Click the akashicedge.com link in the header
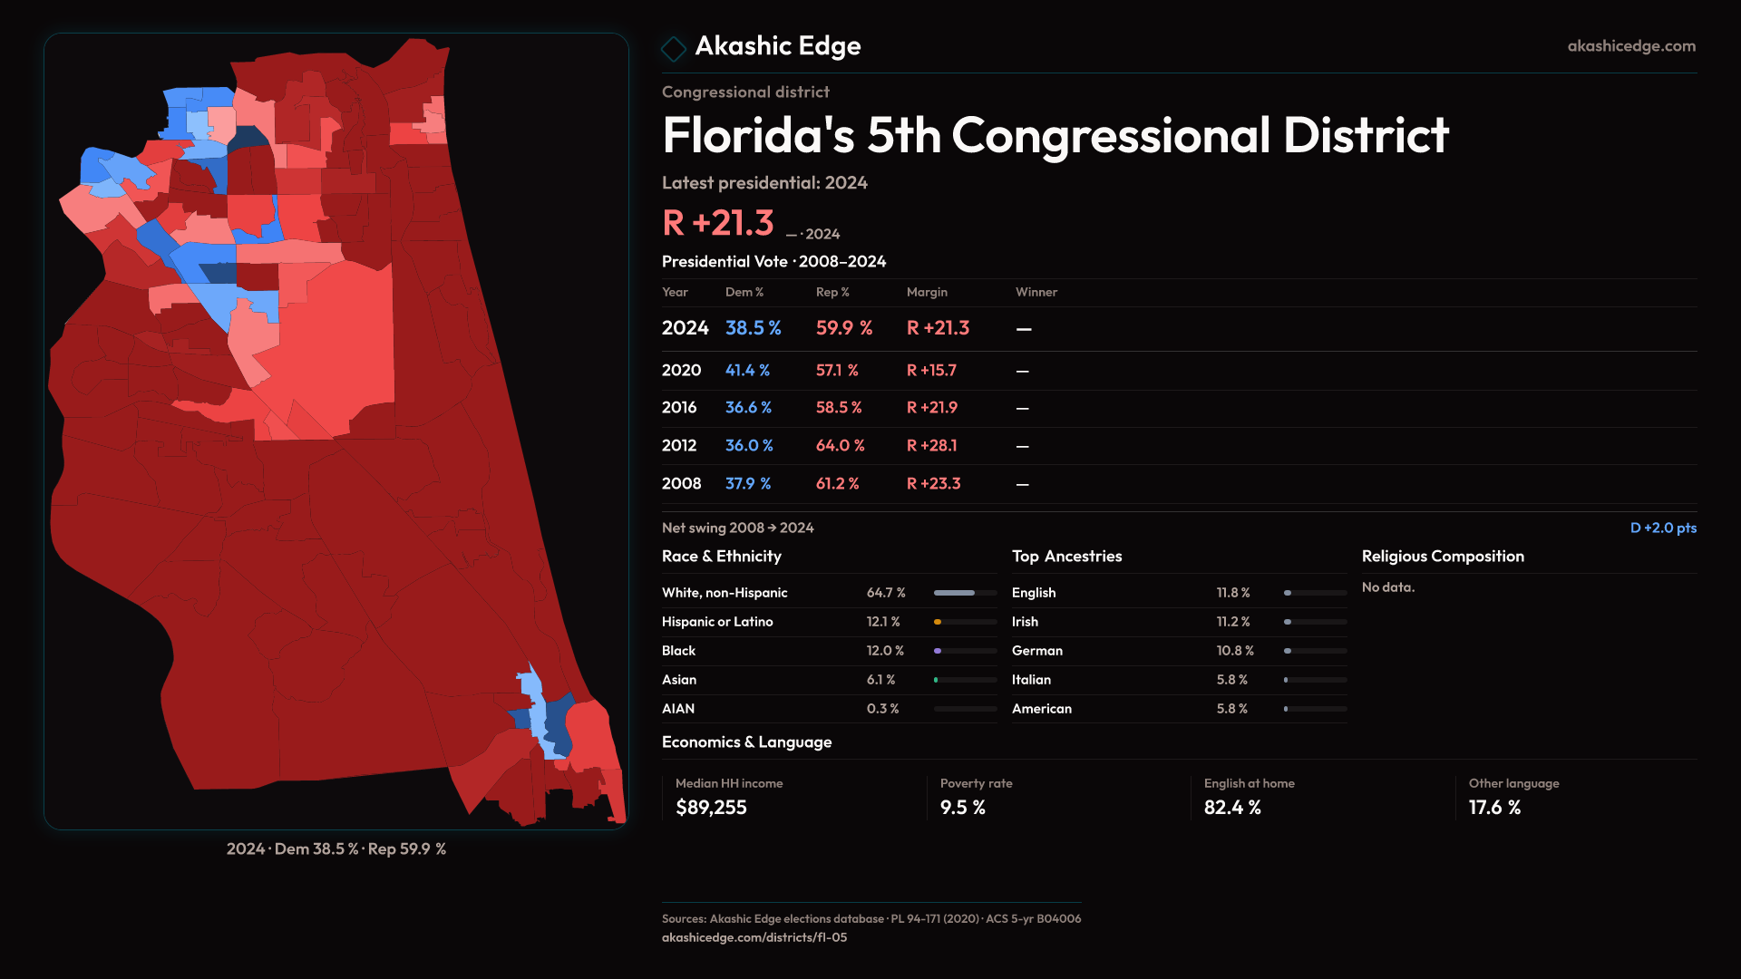coord(1630,46)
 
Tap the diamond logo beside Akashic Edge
coord(674,48)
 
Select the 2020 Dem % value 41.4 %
coord(747,371)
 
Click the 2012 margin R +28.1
coord(931,446)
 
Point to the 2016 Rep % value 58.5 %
coord(839,408)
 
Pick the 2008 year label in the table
coord(681,484)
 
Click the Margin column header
coord(927,292)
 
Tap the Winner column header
coord(1036,292)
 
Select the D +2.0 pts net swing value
coord(1663,528)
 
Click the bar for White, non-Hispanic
coord(965,593)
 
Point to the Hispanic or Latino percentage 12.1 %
coord(883,622)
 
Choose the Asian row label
coord(679,680)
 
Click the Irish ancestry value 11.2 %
coord(1233,622)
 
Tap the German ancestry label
coord(1037,651)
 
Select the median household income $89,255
coord(711,808)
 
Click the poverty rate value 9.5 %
coord(962,808)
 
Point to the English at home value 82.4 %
coord(1232,808)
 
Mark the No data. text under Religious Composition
coord(1387,587)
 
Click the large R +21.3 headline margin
coord(718,223)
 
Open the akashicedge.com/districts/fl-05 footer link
coord(754,937)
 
